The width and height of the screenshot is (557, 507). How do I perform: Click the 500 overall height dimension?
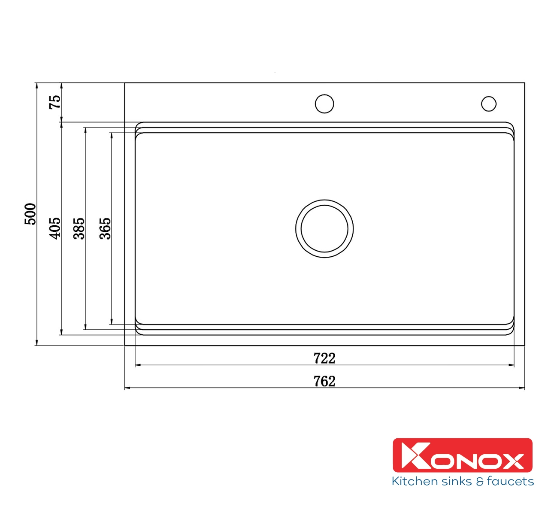point(30,214)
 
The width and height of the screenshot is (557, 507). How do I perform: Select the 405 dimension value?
point(54,228)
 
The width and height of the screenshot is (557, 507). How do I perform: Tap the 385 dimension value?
point(79,228)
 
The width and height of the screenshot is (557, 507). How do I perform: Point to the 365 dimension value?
point(105,228)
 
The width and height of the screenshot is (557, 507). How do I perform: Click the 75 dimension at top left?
point(55,102)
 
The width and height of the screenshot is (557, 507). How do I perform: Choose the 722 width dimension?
point(324,358)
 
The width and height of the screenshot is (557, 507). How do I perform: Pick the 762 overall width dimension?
point(324,381)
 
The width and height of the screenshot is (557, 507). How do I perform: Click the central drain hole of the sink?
point(324,228)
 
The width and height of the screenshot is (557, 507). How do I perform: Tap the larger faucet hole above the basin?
point(324,103)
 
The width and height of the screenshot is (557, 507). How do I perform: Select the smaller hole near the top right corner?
point(489,103)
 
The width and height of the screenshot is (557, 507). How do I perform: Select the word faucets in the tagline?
point(510,481)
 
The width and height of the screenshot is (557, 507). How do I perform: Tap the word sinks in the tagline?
point(454,481)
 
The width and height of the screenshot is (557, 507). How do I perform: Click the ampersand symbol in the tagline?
point(480,482)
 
